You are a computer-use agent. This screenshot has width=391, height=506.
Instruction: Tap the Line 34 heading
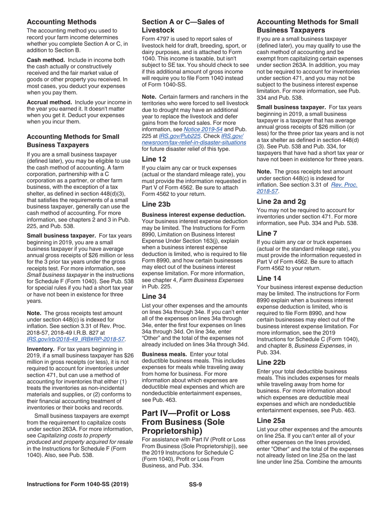click(x=155, y=296)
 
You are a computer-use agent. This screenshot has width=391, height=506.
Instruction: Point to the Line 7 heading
click(x=268, y=233)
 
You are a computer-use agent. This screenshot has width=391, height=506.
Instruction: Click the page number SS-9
click(x=195, y=484)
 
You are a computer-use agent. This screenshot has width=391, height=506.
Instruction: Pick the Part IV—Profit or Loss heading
click(x=186, y=422)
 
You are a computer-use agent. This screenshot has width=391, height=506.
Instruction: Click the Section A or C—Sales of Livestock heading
click(x=183, y=26)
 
